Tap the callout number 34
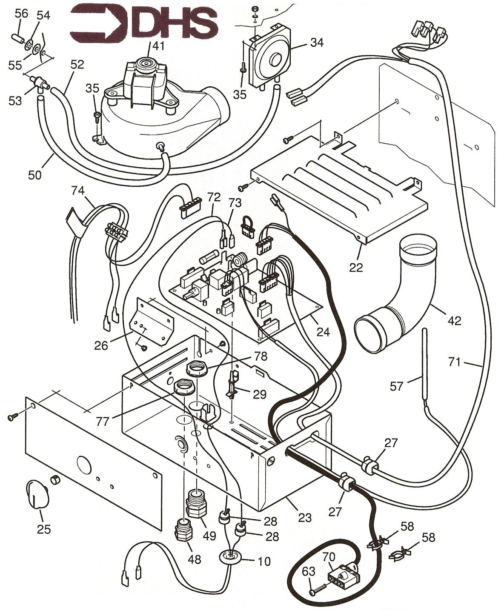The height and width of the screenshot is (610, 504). point(317,43)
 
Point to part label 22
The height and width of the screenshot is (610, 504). point(356,267)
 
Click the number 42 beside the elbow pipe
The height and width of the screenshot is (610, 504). point(454,321)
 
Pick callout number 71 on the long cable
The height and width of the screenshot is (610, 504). point(454,362)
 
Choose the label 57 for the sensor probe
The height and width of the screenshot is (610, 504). point(397,387)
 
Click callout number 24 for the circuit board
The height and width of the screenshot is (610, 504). point(323,332)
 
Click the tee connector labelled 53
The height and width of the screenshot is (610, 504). point(37,83)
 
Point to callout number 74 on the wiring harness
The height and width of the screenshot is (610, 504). point(78,191)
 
